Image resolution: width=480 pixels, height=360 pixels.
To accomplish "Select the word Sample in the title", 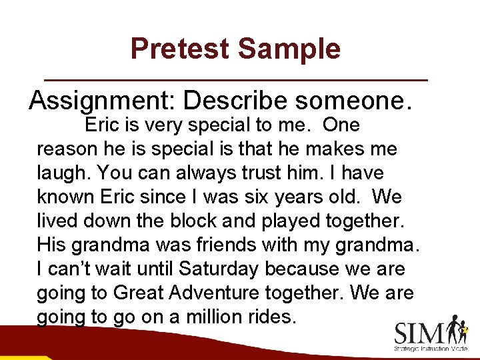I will (289, 49).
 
